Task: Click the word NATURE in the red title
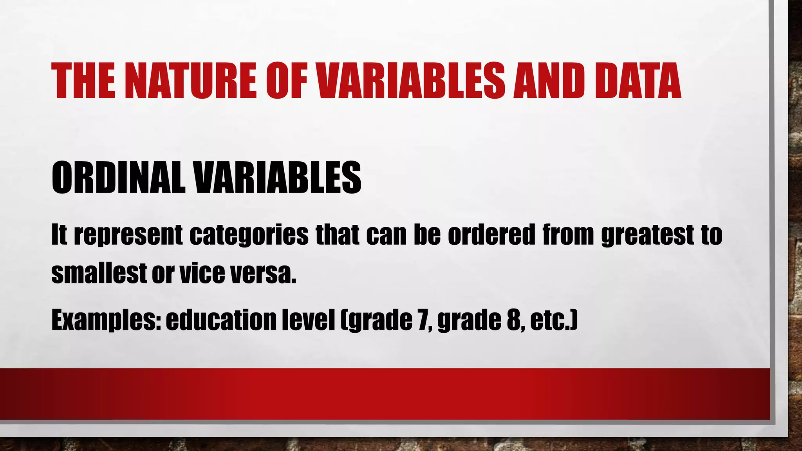coord(191,81)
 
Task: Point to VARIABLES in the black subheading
coord(278,178)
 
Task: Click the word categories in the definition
coord(249,235)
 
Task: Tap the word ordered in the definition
coord(491,235)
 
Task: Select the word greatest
coord(648,236)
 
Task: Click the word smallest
coord(99,272)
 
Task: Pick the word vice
coord(202,272)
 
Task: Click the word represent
coord(128,236)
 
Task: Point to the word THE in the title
coord(83,81)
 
